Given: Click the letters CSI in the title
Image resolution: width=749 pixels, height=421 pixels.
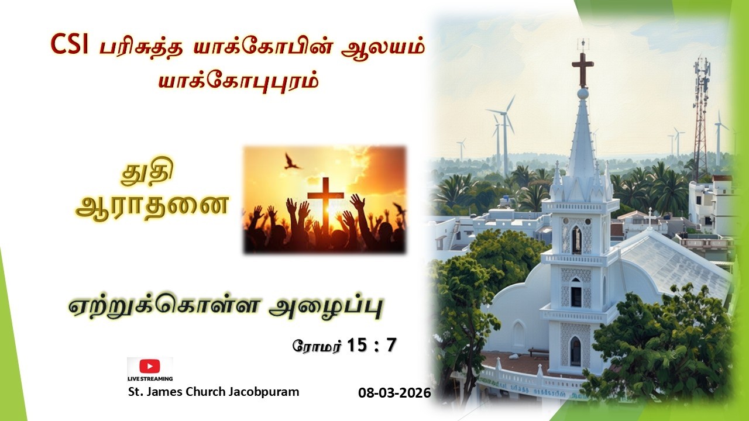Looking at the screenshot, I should coord(69,45).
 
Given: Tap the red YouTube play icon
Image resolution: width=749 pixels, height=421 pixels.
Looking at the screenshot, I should coord(150,366).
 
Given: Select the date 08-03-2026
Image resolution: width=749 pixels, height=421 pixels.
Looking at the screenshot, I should coord(394,393).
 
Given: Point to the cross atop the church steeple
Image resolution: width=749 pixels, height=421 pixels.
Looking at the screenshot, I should coord(582,67).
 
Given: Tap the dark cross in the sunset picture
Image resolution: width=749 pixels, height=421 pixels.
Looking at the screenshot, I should coord(325,202).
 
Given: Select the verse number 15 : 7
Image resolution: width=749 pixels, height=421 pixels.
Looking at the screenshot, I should coord(372,345).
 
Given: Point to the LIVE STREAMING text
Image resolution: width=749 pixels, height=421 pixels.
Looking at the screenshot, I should coord(150,379).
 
